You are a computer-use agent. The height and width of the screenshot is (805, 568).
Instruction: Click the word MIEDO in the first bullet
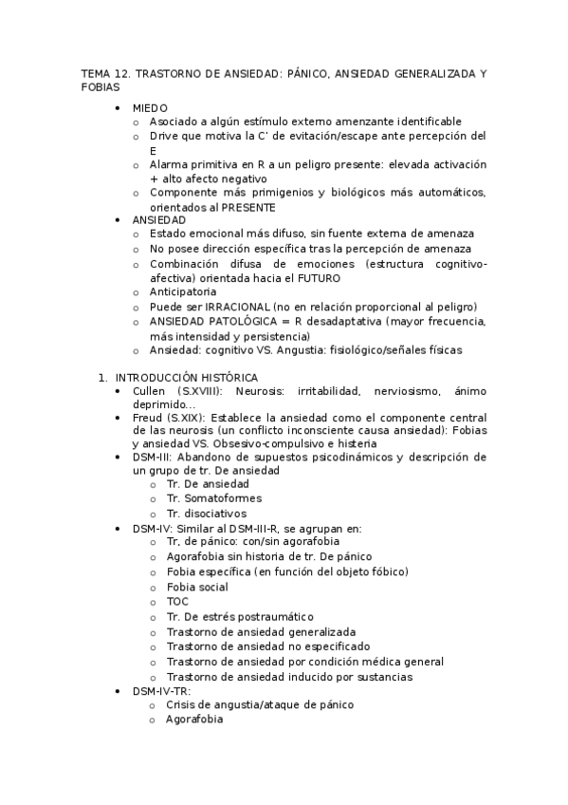(x=150, y=108)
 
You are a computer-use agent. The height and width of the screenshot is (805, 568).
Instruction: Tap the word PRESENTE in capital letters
(x=250, y=207)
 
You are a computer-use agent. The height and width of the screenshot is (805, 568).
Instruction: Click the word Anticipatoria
(x=183, y=292)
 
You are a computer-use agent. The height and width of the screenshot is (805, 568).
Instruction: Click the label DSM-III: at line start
(x=155, y=457)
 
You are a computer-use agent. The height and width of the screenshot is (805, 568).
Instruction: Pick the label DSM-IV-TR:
(x=162, y=690)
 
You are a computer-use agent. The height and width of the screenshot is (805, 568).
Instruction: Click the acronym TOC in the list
(x=177, y=601)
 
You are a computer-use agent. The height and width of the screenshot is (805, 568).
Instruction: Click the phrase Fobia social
(x=199, y=587)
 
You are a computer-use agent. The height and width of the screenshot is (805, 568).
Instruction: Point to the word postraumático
(x=271, y=617)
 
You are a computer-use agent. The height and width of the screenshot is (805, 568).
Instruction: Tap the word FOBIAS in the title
(x=101, y=87)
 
